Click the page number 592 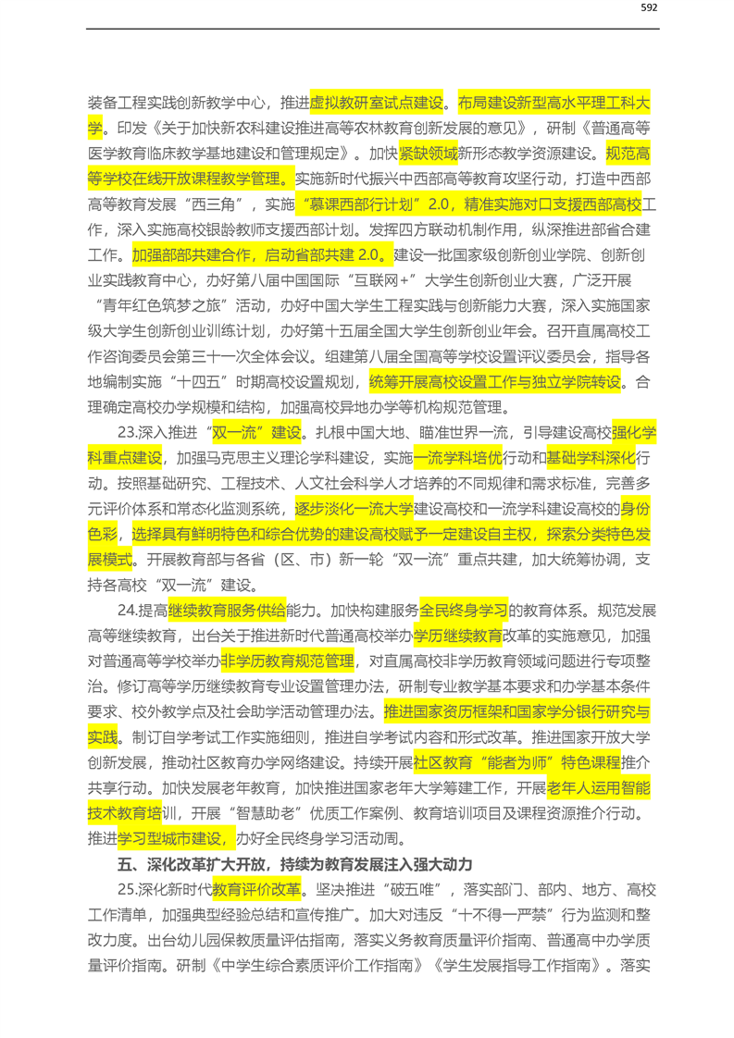click(x=648, y=8)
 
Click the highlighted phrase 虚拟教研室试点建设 click(x=377, y=103)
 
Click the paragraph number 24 click(x=128, y=610)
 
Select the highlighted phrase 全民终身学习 click(x=464, y=610)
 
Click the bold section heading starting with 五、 click(x=295, y=865)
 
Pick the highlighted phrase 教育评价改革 click(x=256, y=890)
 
